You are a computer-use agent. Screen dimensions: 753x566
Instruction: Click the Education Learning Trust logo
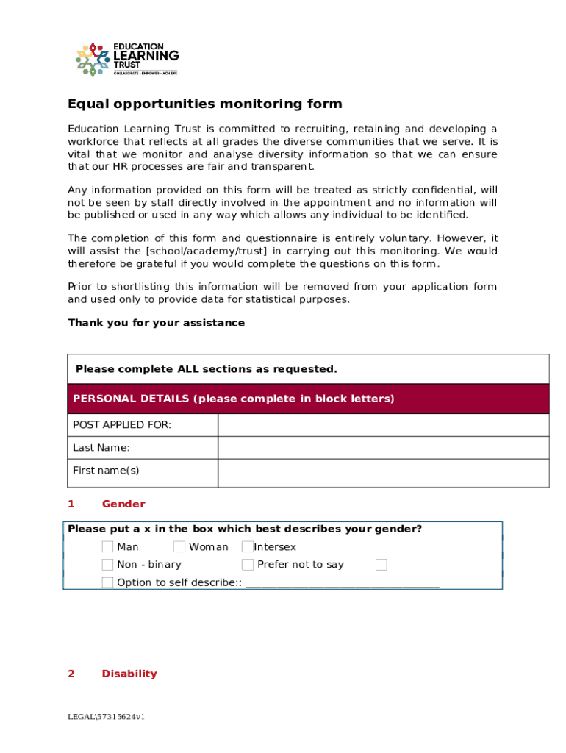(127, 59)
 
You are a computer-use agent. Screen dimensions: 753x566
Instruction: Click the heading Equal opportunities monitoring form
(205, 104)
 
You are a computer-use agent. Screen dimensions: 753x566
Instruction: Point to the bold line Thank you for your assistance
(156, 323)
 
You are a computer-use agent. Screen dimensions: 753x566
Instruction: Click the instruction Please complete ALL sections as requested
(207, 369)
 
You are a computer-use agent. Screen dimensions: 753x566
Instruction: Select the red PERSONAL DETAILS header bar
(308, 399)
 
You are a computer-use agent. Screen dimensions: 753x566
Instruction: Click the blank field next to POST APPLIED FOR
(383, 425)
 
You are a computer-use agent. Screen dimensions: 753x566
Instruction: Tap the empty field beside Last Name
(383, 448)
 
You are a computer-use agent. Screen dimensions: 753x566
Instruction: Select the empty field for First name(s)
(383, 473)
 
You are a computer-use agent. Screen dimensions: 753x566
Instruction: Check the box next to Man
(108, 546)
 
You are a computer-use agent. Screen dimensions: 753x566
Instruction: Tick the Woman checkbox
(179, 546)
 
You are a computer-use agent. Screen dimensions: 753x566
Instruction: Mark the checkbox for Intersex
(248, 546)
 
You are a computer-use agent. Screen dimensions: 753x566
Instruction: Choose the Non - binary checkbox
(108, 565)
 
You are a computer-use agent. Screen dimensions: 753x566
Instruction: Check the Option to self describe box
(108, 583)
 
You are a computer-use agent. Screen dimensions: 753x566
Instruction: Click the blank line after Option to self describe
(343, 584)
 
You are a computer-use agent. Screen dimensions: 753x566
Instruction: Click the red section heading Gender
(123, 504)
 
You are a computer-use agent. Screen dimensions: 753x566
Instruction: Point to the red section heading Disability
(129, 674)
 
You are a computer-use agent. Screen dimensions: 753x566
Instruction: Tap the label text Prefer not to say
(301, 565)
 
